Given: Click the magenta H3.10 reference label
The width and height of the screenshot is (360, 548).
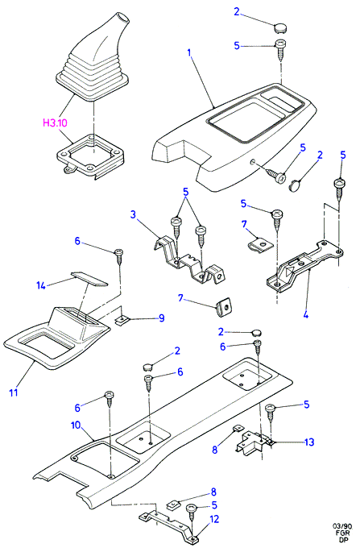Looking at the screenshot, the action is click(55, 123).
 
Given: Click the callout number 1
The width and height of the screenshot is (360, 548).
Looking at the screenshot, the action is click(189, 52).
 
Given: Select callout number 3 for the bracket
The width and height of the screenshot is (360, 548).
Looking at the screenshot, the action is click(133, 214).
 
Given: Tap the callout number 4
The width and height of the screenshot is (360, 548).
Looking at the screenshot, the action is click(306, 314).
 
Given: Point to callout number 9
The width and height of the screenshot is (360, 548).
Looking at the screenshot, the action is click(161, 318).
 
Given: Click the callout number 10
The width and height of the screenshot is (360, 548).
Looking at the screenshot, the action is click(76, 426).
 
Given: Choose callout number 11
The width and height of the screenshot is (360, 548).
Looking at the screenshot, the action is click(13, 392).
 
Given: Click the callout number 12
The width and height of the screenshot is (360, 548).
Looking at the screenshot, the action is click(214, 519).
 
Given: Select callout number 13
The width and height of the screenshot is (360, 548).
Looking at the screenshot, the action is click(309, 442).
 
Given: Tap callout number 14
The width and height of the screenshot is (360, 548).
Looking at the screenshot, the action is click(41, 285).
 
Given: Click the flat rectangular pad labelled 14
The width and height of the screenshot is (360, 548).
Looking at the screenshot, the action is click(89, 279).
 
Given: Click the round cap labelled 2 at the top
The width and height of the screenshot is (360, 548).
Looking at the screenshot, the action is click(280, 27).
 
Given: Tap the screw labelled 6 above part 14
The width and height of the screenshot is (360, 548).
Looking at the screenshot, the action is click(118, 256).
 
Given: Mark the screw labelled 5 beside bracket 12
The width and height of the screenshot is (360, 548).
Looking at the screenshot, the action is click(192, 514).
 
